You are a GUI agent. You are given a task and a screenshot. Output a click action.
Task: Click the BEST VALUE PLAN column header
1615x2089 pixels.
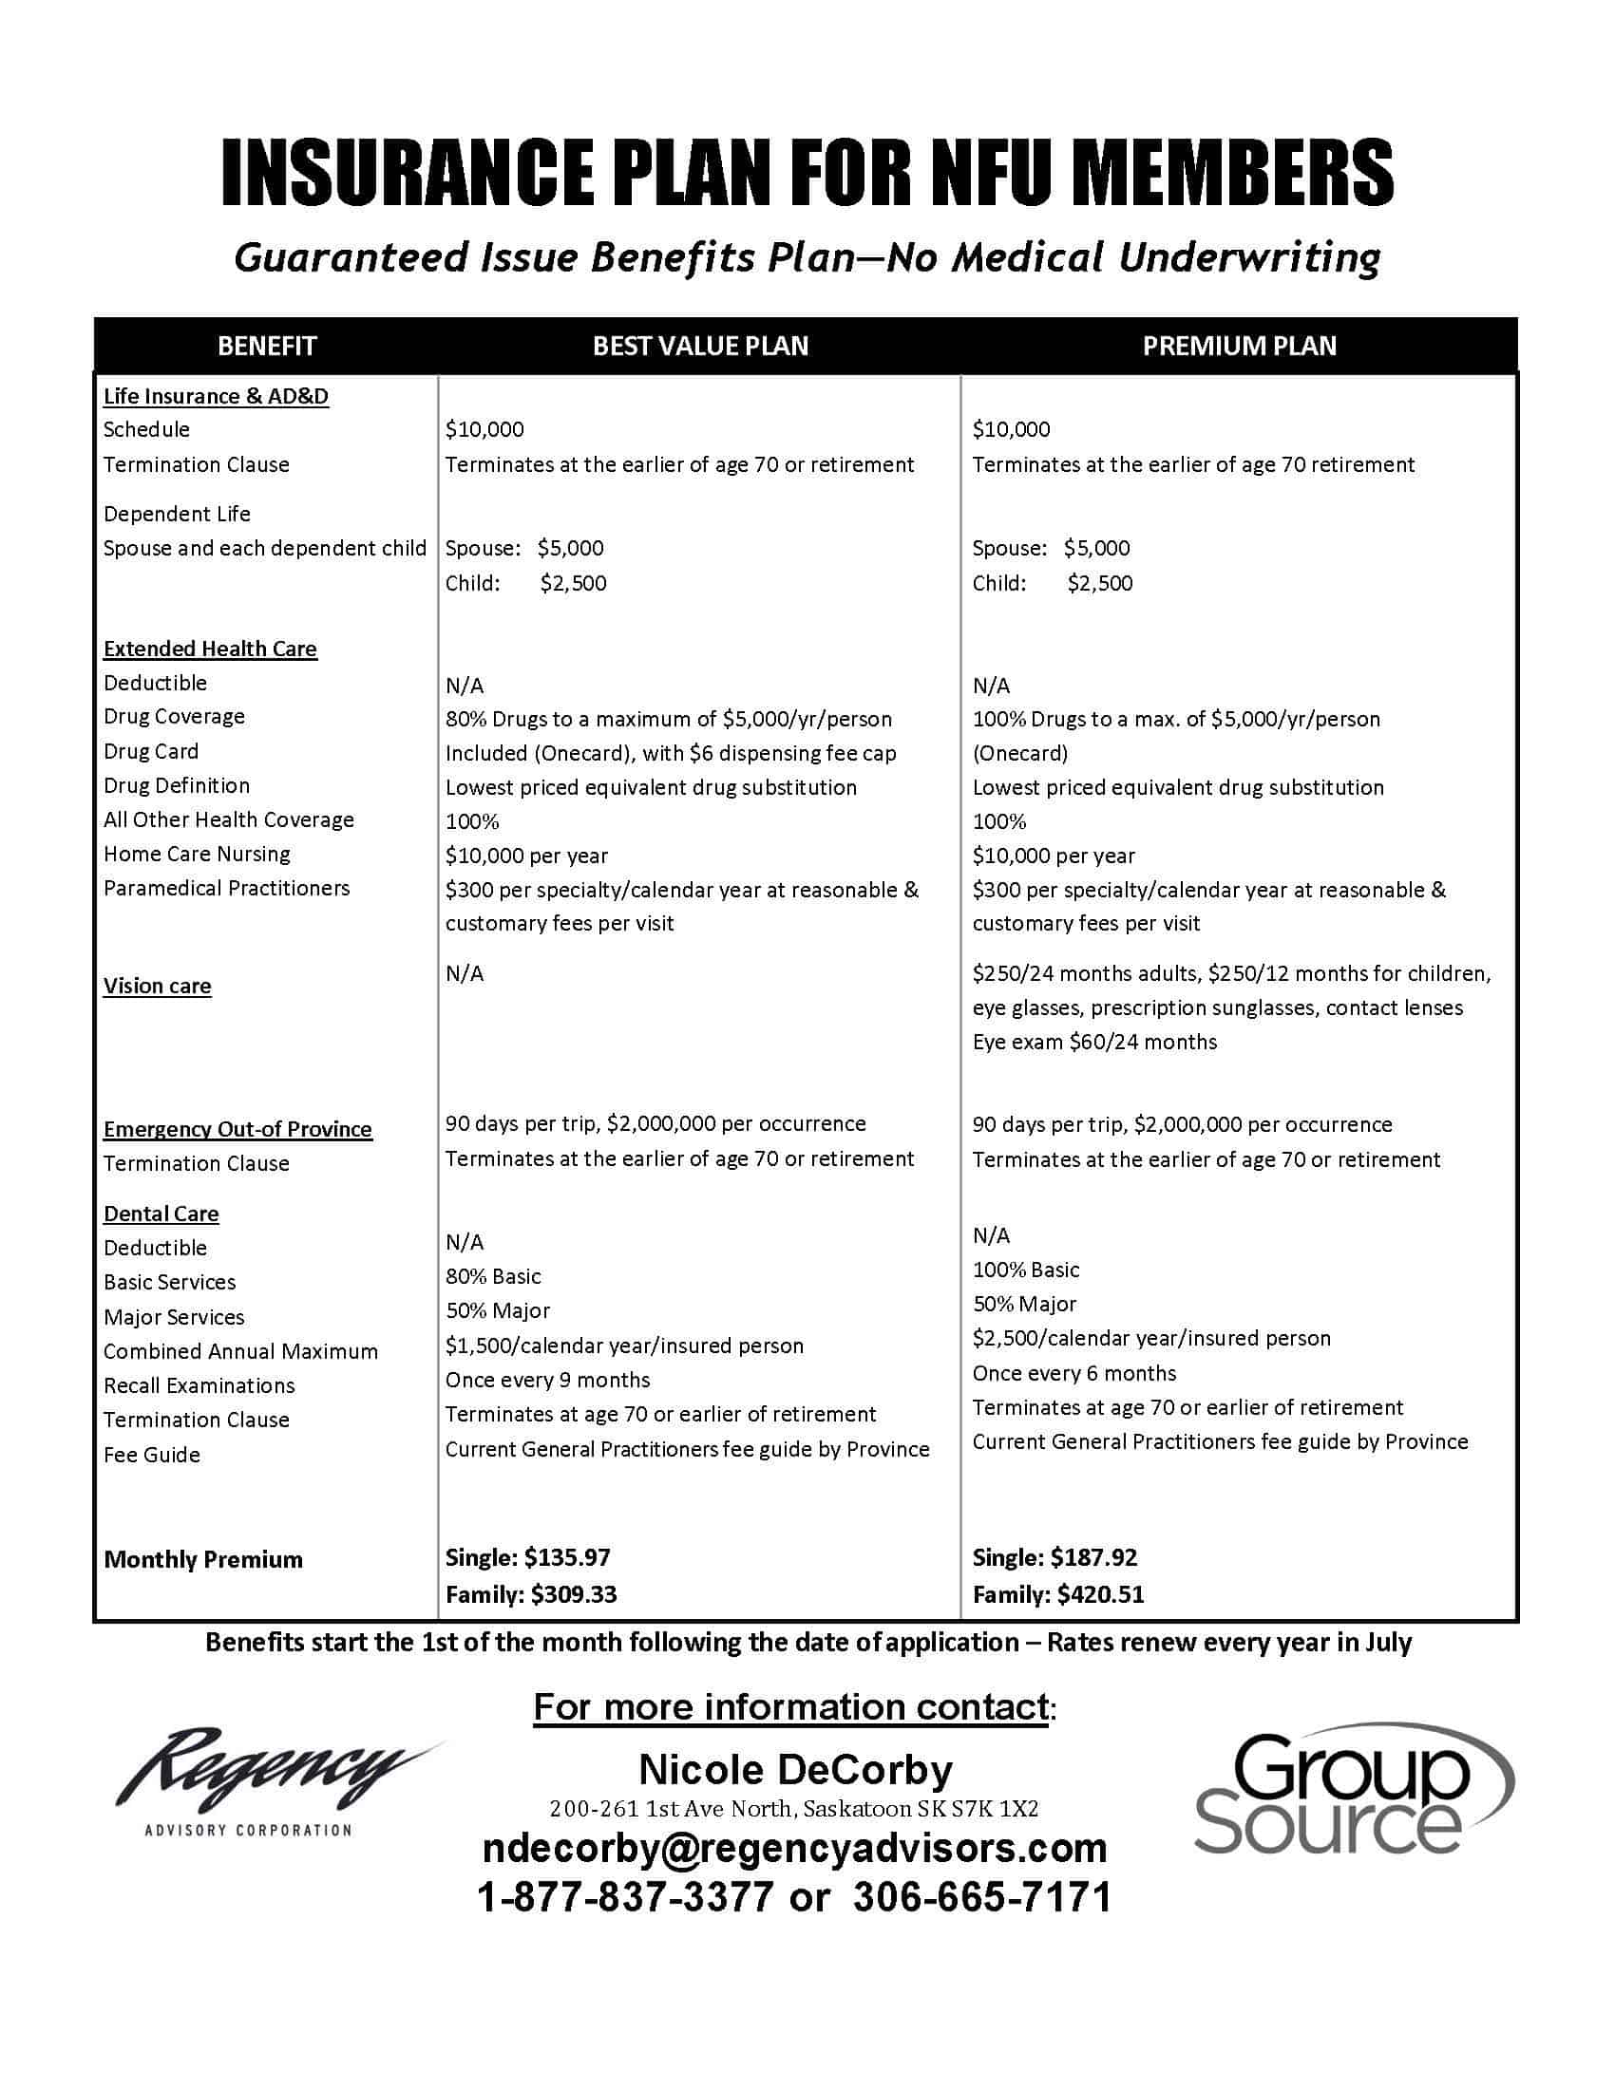tap(700, 346)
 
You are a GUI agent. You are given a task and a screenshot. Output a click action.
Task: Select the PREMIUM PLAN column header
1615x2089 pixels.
tap(1239, 346)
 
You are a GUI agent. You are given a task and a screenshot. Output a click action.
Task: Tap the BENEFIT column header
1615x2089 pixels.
tap(267, 346)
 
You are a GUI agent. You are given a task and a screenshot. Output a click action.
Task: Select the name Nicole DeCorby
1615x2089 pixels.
tap(795, 1770)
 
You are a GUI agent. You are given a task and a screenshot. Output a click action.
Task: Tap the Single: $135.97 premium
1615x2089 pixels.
tap(528, 1557)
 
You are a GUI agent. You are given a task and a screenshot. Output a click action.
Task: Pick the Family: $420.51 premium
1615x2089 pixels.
tap(1058, 1594)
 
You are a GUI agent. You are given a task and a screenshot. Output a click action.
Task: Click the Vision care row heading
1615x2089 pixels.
tap(157, 987)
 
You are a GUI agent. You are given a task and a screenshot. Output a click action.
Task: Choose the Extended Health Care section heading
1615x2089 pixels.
tap(210, 649)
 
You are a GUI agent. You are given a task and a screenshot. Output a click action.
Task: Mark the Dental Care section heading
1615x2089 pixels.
tap(161, 1214)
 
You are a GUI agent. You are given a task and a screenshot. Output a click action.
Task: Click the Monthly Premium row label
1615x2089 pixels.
tap(203, 1560)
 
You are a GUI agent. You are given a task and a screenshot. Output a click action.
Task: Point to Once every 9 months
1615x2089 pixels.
tap(547, 1381)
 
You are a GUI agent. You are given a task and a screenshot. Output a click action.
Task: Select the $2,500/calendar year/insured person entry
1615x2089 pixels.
tap(1151, 1338)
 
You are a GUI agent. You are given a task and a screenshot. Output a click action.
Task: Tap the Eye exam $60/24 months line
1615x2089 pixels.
tap(1094, 1042)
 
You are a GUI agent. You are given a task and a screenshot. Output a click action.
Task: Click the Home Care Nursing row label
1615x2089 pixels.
tap(196, 855)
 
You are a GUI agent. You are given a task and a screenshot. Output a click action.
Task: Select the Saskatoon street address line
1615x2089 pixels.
tap(794, 1809)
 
